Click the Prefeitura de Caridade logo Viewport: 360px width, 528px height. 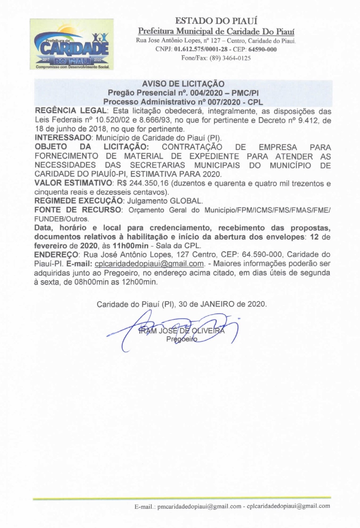point(72,44)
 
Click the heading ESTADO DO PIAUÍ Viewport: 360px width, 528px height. point(216,21)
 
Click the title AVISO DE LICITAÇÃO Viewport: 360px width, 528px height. point(183,84)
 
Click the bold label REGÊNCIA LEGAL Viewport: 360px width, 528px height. point(71,111)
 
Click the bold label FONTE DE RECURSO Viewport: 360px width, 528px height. point(78,210)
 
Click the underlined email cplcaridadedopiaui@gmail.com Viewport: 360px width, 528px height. point(149,264)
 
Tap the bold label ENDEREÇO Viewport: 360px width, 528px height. point(56,254)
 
